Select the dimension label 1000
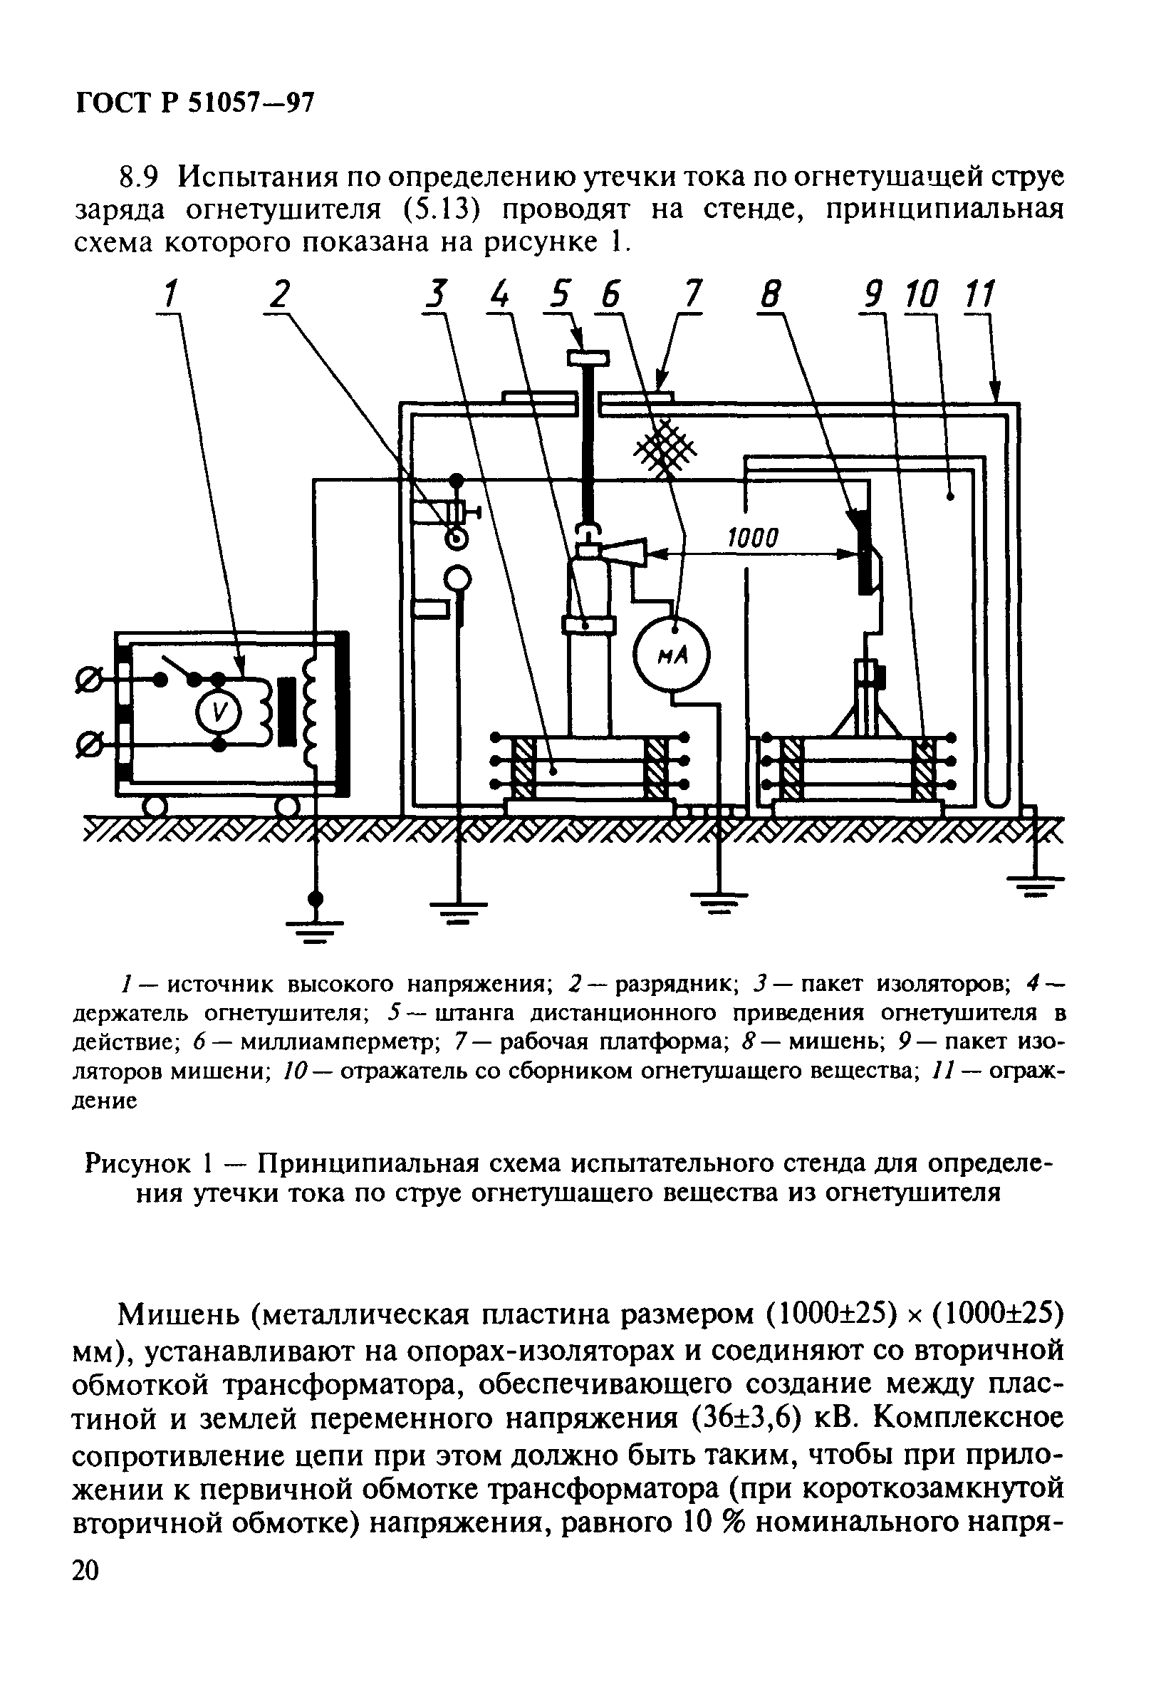751,538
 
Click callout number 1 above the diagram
171,295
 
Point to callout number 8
771,295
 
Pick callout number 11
980,295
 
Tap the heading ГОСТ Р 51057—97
195,104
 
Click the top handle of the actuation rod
588,357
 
